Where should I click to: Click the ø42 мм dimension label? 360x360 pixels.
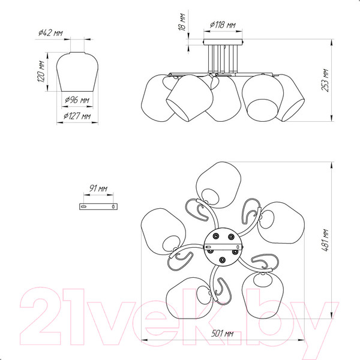(50, 33)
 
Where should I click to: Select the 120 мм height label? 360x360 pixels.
(41, 71)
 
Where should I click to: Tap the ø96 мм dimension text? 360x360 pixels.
(77, 100)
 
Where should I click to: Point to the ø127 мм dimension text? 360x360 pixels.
(77, 116)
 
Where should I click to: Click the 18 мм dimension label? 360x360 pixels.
(182, 22)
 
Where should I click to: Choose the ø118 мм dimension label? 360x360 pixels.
(223, 25)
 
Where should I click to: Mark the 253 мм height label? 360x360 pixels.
(325, 80)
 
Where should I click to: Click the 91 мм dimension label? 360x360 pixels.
(98, 188)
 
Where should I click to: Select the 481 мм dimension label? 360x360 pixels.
(325, 240)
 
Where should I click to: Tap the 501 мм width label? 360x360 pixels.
(223, 334)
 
